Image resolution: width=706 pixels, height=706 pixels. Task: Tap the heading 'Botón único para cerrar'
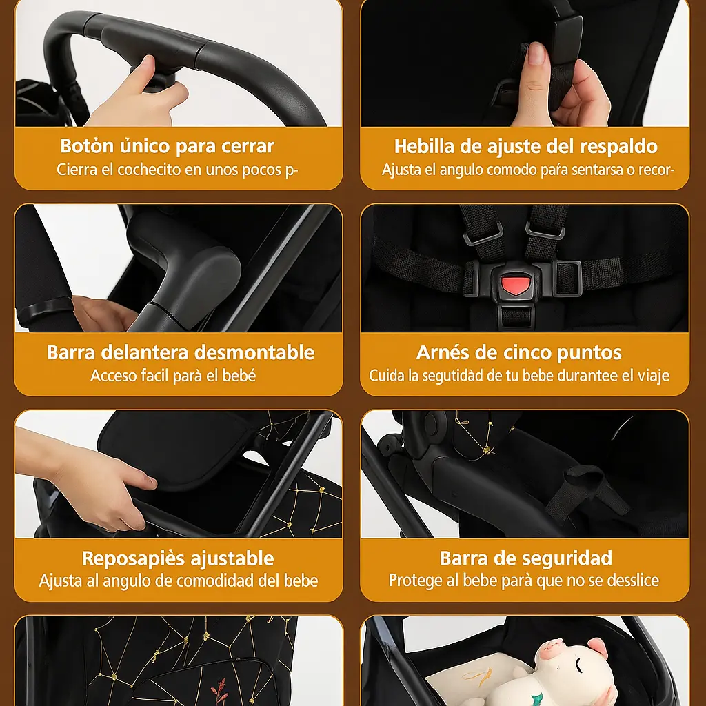(x=167, y=146)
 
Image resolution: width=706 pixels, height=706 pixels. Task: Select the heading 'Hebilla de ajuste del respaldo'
(x=525, y=146)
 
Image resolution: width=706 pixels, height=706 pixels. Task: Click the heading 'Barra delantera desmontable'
(x=181, y=352)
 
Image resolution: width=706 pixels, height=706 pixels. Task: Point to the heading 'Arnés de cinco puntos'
(x=518, y=352)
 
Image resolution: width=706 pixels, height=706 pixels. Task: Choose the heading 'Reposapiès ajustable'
(x=178, y=558)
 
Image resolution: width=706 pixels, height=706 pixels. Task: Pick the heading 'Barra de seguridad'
(x=525, y=558)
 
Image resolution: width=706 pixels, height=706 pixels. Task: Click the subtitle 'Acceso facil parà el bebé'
(x=173, y=376)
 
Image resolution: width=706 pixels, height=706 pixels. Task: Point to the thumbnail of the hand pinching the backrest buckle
(x=525, y=63)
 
